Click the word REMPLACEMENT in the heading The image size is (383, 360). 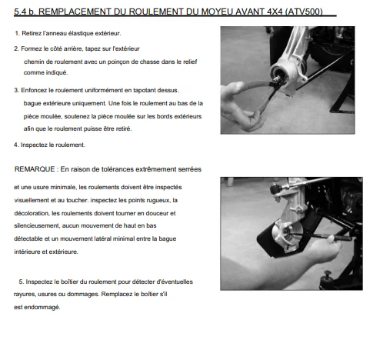click(82, 12)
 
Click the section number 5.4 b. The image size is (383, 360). click(25, 12)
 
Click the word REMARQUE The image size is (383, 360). click(35, 169)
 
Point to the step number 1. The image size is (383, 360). click(17, 33)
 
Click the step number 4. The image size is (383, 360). click(16, 145)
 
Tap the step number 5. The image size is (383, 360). click(22, 282)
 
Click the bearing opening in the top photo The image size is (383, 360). click(278, 73)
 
